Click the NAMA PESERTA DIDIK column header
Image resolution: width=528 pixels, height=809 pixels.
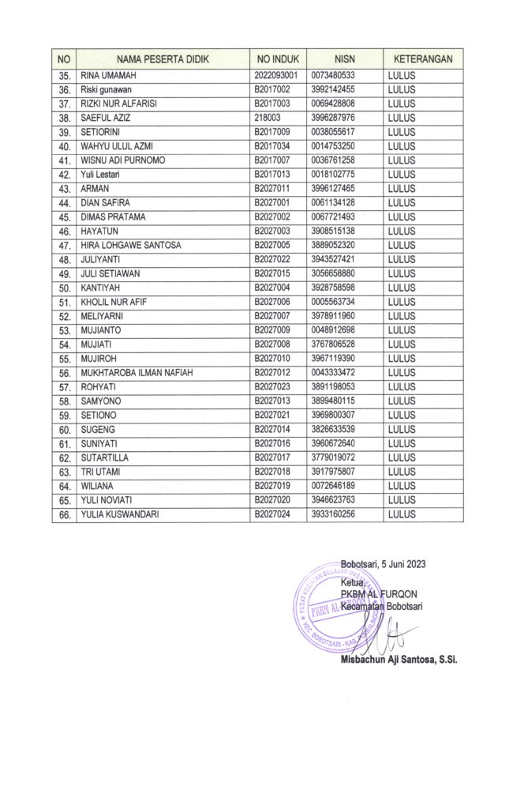click(x=161, y=58)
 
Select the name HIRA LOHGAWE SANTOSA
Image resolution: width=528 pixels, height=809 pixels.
click(x=131, y=245)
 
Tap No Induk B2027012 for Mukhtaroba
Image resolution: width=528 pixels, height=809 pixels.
click(x=273, y=373)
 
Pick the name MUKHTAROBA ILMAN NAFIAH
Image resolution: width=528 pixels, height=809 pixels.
click(x=137, y=373)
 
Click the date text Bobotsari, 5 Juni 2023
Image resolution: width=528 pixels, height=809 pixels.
click(x=383, y=563)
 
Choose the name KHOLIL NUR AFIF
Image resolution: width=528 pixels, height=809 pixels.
click(x=116, y=302)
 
